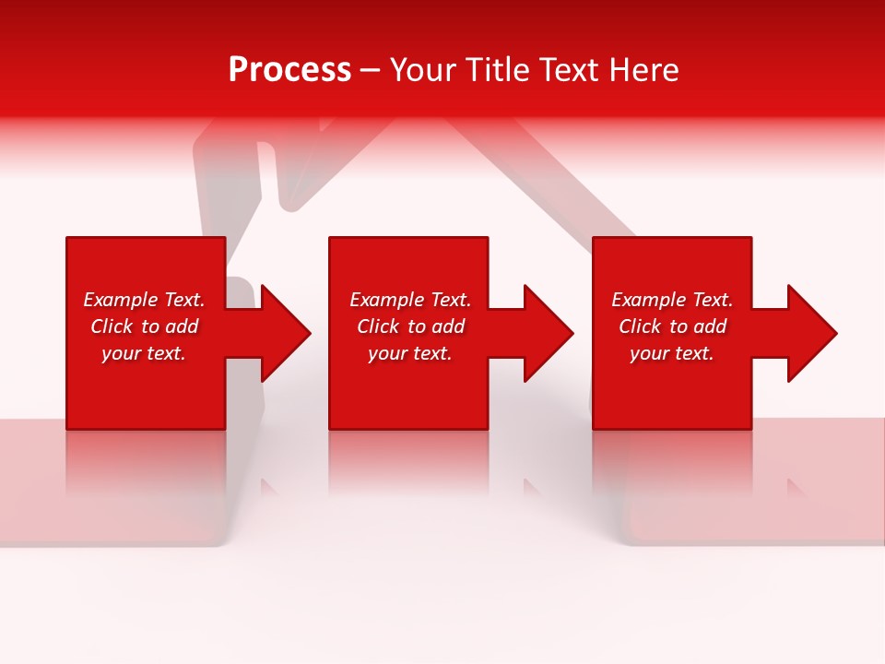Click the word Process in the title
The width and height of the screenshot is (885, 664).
click(289, 69)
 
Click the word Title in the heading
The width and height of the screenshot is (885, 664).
click(496, 69)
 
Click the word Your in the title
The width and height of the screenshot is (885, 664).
click(423, 69)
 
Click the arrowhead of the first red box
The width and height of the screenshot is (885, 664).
click(286, 333)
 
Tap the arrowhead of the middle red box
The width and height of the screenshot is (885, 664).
click(549, 333)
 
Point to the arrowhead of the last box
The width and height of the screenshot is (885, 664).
click(811, 333)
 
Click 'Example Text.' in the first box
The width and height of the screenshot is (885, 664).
click(144, 300)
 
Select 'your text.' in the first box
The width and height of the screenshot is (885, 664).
click(144, 353)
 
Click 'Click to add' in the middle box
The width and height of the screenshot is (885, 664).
click(410, 326)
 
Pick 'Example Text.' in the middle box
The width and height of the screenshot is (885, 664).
click(410, 300)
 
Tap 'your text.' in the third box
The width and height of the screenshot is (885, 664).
click(672, 353)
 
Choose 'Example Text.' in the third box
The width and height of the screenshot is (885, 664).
click(672, 300)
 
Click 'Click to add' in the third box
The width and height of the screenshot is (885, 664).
click(672, 326)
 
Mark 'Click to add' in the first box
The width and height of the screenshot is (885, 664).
click(144, 326)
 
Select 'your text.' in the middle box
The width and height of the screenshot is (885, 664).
click(410, 353)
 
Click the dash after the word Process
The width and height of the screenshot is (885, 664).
click(370, 71)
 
